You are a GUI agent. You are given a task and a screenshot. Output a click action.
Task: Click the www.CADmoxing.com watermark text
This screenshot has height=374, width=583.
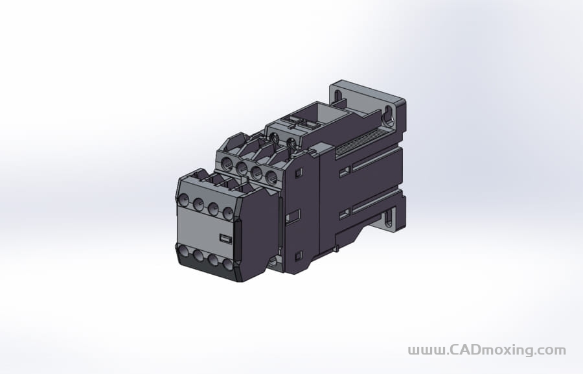tap(486, 351)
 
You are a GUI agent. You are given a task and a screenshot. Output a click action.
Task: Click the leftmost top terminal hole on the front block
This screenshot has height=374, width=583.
tap(183, 199)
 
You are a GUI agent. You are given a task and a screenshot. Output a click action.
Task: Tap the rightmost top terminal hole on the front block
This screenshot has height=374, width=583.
tap(228, 213)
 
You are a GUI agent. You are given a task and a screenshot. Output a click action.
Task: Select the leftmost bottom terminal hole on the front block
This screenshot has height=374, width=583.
tap(183, 250)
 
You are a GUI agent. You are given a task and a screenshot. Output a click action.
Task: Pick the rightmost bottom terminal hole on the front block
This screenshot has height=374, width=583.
tap(227, 264)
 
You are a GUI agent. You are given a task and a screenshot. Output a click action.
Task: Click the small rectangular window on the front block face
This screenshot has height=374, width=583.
tap(225, 239)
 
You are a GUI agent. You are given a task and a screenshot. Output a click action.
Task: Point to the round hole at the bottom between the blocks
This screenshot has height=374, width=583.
tap(275, 261)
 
